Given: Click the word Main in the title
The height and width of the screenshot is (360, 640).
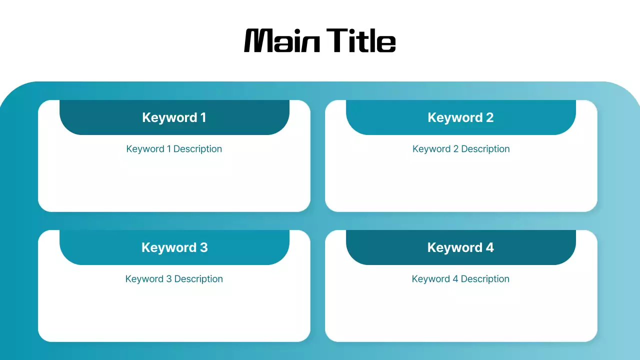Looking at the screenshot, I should (x=282, y=40).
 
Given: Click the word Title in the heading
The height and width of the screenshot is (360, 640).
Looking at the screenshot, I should (x=361, y=40).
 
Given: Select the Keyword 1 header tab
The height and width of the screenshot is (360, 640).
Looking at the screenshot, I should (x=174, y=117).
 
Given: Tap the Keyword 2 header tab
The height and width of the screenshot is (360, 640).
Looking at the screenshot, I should (x=460, y=117).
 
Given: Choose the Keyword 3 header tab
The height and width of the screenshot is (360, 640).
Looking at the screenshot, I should (x=174, y=247).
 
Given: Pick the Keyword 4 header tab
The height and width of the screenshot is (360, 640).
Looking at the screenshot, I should (x=460, y=247).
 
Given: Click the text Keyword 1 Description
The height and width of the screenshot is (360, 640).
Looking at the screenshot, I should (x=174, y=149).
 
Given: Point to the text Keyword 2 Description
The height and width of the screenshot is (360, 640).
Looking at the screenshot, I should (x=461, y=149).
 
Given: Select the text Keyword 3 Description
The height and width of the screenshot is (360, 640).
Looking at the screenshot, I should (x=174, y=279).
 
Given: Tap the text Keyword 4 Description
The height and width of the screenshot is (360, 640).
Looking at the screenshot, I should (x=460, y=279).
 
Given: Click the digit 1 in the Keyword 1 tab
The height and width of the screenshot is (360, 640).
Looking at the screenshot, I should (x=203, y=117).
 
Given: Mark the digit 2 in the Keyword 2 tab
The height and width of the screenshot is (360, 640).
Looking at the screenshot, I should (x=489, y=117).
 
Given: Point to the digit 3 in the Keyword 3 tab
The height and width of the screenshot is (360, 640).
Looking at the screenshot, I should (x=203, y=247).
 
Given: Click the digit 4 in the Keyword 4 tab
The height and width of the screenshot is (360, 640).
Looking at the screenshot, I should (x=489, y=247).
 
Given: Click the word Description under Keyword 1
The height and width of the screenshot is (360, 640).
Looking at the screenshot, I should (x=197, y=149).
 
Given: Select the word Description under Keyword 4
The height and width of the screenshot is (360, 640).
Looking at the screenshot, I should (x=485, y=279).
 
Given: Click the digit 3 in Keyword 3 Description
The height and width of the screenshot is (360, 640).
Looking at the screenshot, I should (x=168, y=279).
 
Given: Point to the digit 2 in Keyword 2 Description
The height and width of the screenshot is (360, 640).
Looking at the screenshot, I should (x=455, y=149).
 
